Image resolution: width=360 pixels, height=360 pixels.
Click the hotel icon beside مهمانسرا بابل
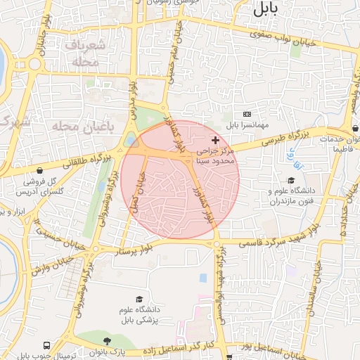(246, 114)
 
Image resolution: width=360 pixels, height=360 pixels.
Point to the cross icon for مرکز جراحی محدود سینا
(215, 141)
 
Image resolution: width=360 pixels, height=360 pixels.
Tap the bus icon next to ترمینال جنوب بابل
(46, 346)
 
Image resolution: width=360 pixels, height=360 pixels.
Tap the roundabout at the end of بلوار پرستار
(217, 244)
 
